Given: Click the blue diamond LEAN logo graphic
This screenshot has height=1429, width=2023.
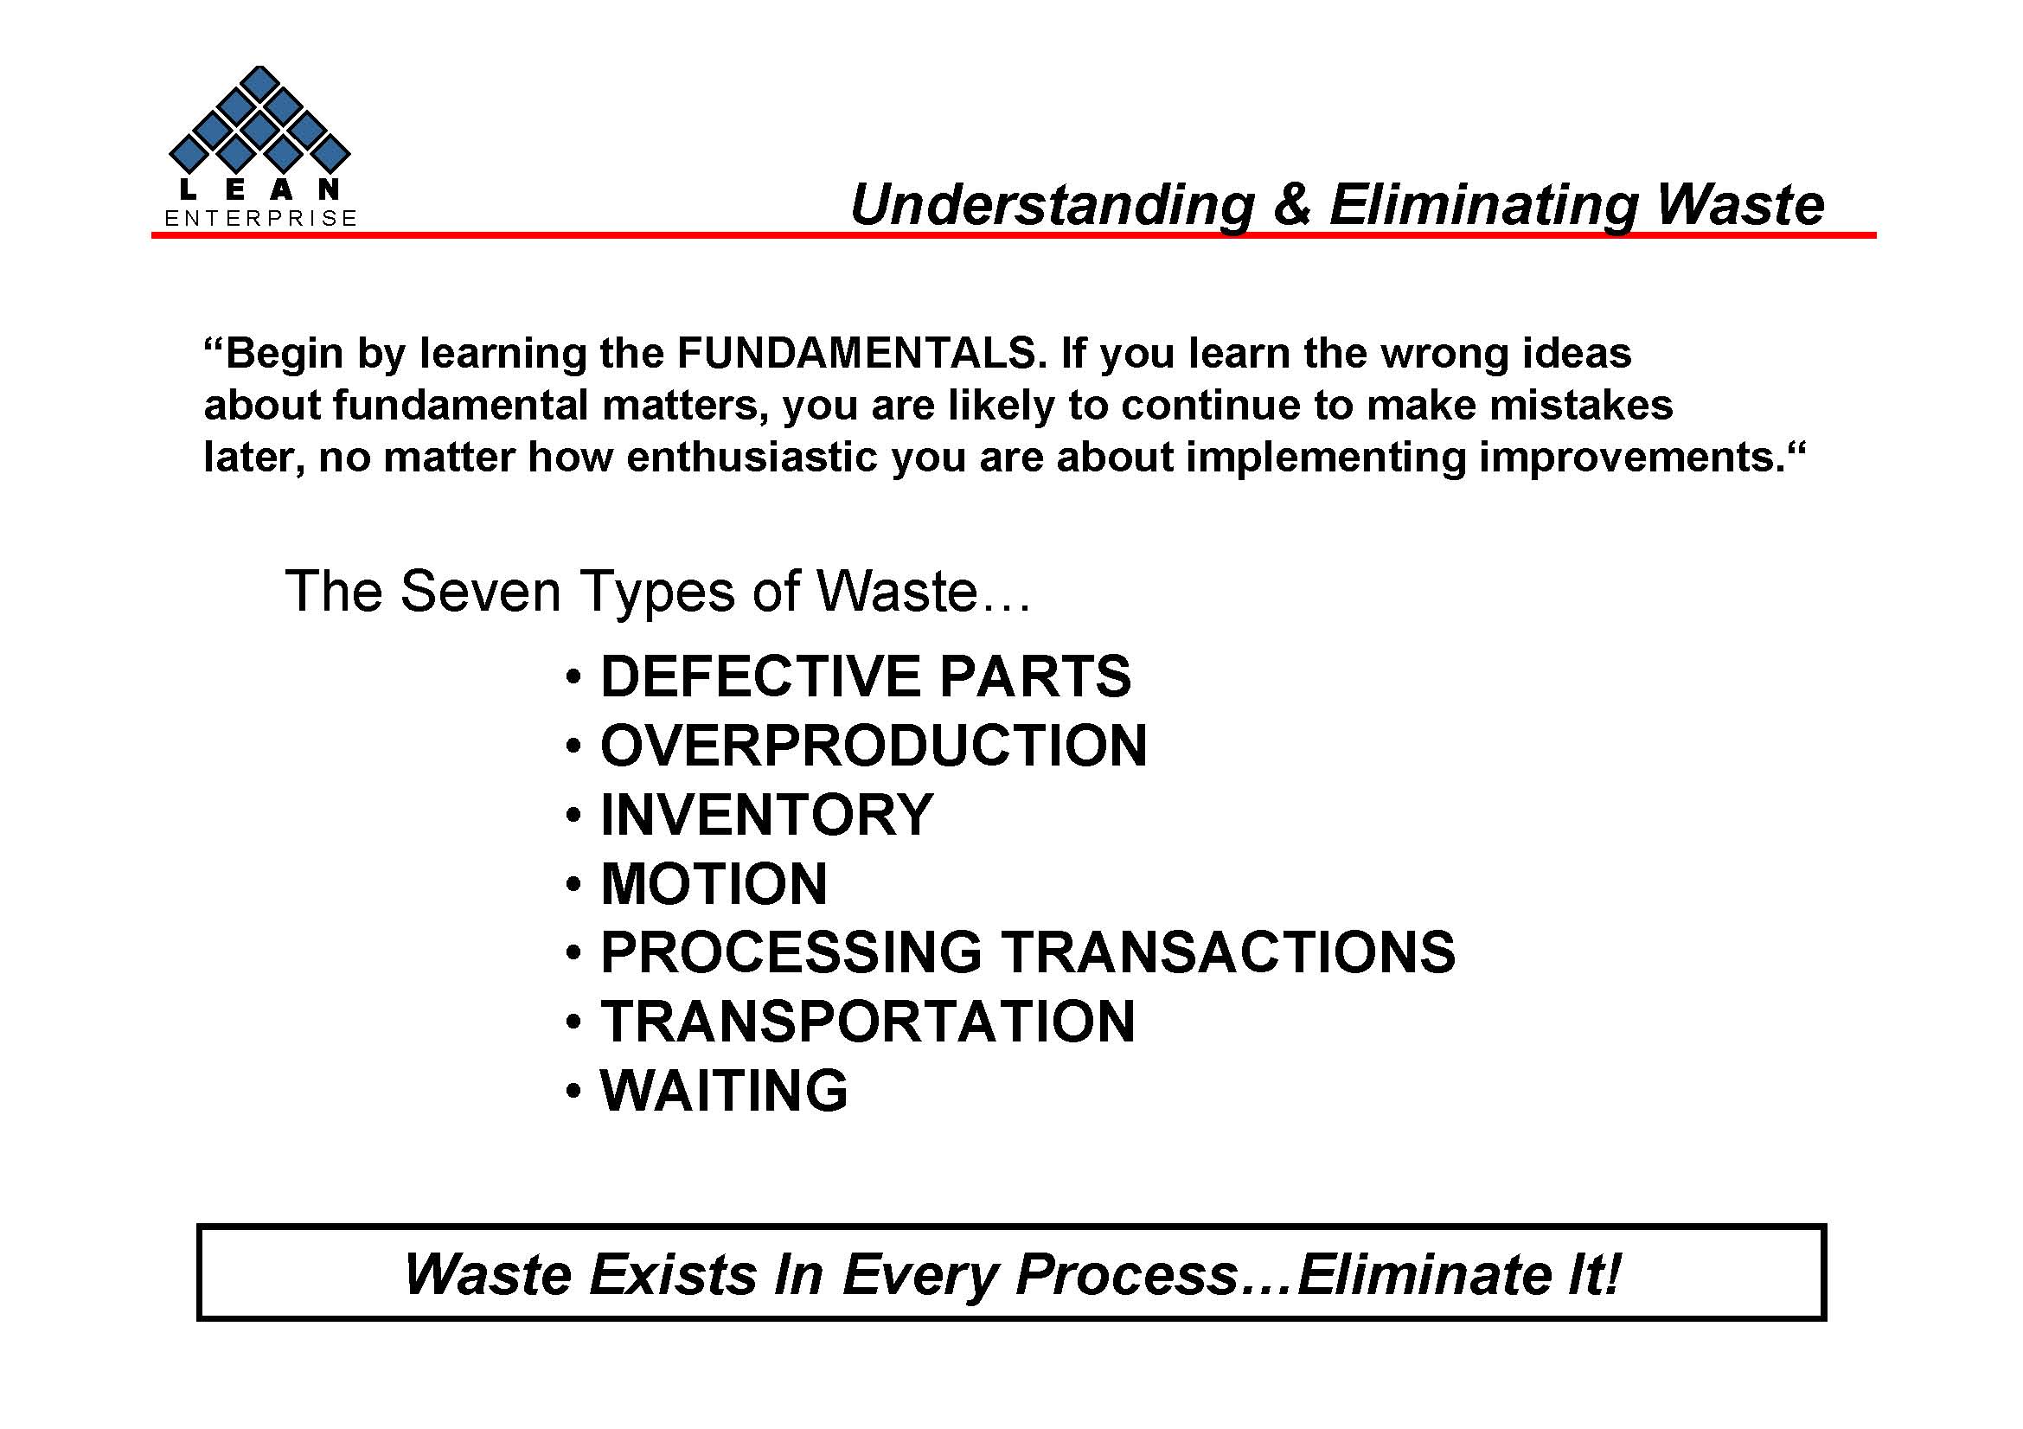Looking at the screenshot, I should coord(259,120).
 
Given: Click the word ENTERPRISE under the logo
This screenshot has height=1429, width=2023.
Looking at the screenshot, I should coord(261,219).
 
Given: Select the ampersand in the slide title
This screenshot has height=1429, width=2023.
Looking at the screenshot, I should coord(1290,204).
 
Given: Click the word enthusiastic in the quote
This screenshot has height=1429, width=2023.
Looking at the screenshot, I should coord(752,458).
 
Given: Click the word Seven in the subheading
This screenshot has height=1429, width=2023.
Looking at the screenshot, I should coord(480,590).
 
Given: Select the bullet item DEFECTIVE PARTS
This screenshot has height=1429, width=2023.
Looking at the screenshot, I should coord(865,676).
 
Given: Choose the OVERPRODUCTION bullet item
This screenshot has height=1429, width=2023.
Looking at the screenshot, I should coord(874,746).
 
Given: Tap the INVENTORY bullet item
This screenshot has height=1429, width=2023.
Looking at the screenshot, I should coord(765,814).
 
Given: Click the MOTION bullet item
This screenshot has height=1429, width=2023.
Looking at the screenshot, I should coord(714,884).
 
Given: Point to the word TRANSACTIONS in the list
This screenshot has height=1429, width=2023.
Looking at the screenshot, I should coord(1228,952).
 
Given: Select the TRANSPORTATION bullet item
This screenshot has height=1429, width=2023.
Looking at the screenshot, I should coord(867,1021).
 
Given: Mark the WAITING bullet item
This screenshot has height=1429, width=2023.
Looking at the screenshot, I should coord(723,1091).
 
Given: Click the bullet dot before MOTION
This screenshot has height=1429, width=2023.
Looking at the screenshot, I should coord(573,885).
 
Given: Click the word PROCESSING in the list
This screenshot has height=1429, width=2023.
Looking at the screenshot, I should coord(791,952).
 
